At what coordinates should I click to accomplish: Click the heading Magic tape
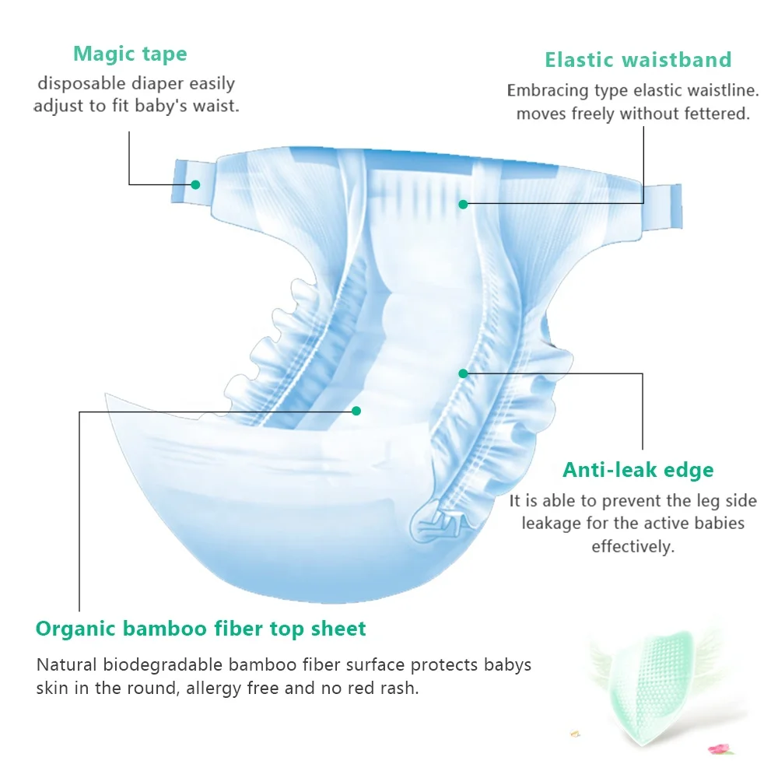pos(130,54)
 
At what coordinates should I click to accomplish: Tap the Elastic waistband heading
pos(638,60)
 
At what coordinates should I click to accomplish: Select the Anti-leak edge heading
pos(638,470)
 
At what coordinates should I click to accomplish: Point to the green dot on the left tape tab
pos(195,184)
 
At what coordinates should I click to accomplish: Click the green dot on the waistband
pos(463,204)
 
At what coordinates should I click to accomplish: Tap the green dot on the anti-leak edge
pos(463,373)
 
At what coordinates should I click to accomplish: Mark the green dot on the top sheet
pos(356,410)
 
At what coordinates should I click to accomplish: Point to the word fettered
pos(713,114)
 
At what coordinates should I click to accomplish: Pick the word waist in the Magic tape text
pos(216,105)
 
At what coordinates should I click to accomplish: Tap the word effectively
pos(633,546)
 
